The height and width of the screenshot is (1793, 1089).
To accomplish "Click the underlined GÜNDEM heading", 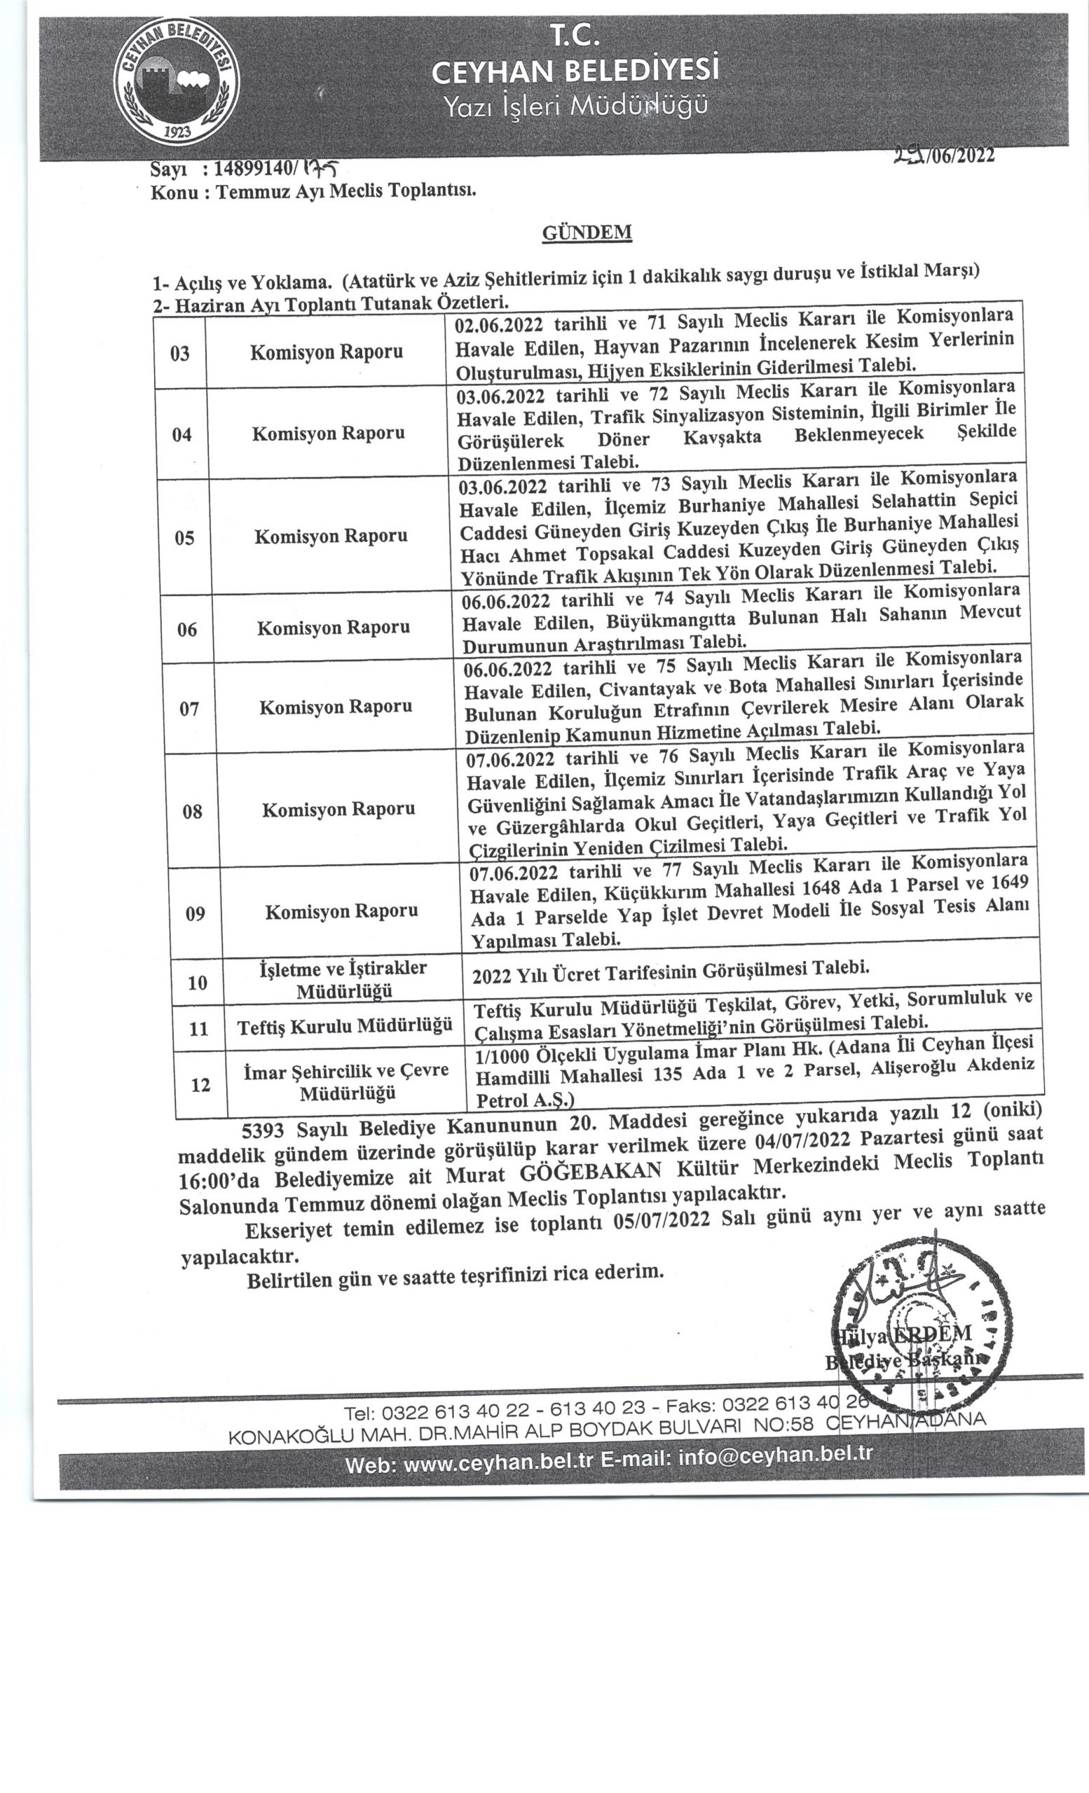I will pos(586,232).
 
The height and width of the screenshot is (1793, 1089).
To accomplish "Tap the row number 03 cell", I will pos(180,354).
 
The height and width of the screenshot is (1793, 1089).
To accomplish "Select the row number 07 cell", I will pos(189,708).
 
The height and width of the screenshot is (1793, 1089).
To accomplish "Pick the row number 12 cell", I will pos(200,1085).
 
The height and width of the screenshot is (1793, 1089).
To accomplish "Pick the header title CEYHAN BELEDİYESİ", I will pos(575,70).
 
